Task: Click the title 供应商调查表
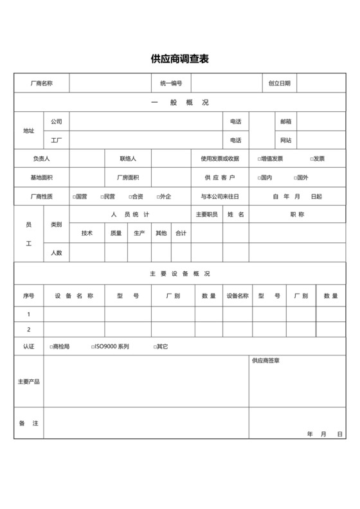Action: point(179,59)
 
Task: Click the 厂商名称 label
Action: point(42,83)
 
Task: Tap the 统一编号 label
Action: point(171,83)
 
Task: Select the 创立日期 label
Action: point(280,83)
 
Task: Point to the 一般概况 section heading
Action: point(179,102)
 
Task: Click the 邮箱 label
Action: point(285,121)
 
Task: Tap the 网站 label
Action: point(285,139)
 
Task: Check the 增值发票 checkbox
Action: point(259,159)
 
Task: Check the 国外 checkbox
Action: point(296,178)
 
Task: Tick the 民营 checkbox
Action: point(101,197)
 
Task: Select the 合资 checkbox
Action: point(129,197)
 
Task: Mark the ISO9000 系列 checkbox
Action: point(93,346)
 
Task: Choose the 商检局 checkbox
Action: point(51,346)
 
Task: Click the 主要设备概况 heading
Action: point(179,273)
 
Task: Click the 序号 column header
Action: point(29,296)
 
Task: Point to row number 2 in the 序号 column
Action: point(29,330)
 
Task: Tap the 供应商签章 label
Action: point(265,361)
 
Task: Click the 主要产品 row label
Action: point(29,382)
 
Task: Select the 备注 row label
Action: point(29,424)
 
